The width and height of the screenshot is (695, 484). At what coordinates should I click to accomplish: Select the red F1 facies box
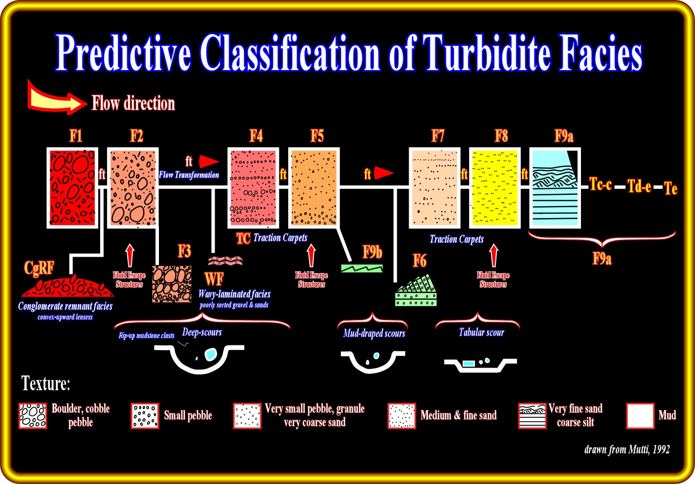[73, 187]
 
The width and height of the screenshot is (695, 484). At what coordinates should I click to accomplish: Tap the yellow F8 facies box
[495, 187]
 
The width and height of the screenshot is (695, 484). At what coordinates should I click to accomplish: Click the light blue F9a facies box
[555, 187]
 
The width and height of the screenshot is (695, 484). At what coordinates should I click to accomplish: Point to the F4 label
[256, 136]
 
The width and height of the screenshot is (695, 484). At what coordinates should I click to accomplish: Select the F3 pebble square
[172, 284]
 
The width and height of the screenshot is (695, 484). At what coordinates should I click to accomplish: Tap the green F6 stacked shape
[417, 293]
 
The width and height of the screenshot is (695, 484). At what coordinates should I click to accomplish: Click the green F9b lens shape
[362, 268]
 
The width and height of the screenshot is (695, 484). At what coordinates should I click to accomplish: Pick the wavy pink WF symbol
[225, 261]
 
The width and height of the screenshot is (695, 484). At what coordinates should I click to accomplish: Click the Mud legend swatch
[640, 415]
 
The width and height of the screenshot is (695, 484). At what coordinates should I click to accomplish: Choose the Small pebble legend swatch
[145, 415]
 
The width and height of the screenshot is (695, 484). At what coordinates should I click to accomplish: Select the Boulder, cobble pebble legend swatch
[33, 415]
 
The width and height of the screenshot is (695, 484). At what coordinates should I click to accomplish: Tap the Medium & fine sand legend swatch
[401, 415]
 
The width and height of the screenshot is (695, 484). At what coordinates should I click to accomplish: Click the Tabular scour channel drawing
[480, 364]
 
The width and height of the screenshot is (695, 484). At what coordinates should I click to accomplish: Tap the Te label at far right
[670, 188]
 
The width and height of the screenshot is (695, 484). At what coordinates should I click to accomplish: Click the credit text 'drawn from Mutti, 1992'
[627, 449]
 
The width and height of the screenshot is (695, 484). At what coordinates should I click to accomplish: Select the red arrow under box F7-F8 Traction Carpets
[494, 256]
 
